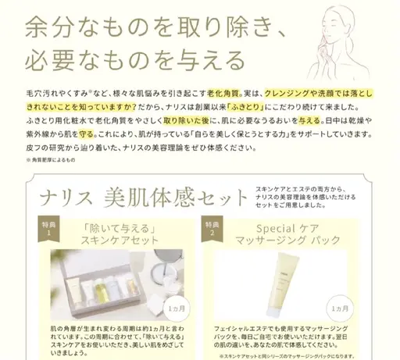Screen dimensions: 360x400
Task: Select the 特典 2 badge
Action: point(209,226)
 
